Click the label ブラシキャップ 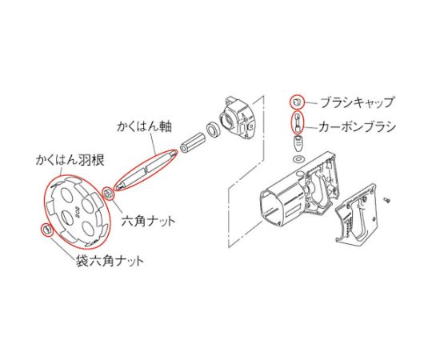[x=358, y=102]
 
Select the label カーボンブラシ [x=357, y=126]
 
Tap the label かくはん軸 [x=144, y=126]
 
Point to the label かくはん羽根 [x=70, y=160]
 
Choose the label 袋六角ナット [x=110, y=261]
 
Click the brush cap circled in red [x=297, y=102]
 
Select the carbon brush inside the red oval [x=297, y=122]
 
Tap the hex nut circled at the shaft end [x=108, y=194]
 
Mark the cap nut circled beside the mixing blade [x=46, y=229]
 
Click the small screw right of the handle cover [x=388, y=200]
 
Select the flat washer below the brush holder [x=298, y=159]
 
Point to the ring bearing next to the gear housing [x=213, y=128]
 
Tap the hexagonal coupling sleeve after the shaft [x=193, y=143]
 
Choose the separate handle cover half [x=356, y=213]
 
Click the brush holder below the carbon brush [x=298, y=142]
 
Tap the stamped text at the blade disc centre [x=78, y=212]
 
